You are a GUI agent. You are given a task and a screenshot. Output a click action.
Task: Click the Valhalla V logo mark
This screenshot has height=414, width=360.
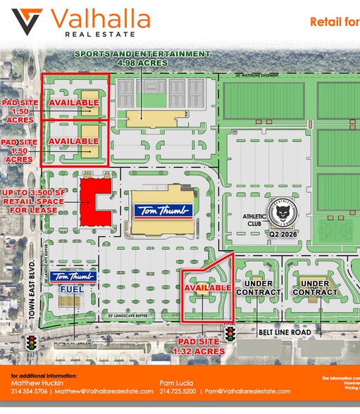(x=26, y=22)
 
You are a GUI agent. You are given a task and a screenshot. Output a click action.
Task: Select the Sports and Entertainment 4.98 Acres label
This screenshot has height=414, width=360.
(x=143, y=58)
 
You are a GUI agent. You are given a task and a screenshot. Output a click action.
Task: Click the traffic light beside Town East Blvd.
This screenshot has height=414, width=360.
(x=31, y=344)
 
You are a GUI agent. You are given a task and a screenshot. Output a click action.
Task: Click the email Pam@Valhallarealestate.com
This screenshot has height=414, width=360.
(x=247, y=391)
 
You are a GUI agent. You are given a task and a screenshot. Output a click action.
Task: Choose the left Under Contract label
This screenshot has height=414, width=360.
(x=254, y=287)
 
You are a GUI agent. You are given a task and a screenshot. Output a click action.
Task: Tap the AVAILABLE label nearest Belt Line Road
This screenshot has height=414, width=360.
(x=207, y=287)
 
